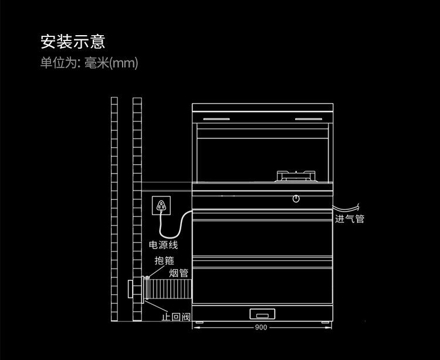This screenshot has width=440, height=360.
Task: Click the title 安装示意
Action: click(72, 42)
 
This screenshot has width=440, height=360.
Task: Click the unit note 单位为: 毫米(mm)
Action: click(89, 63)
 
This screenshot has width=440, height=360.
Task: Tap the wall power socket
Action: click(161, 205)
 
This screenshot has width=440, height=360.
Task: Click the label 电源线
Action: click(163, 245)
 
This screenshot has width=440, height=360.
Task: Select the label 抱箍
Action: click(164, 261)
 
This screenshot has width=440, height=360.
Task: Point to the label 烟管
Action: click(179, 273)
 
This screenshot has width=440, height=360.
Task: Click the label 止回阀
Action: click(176, 317)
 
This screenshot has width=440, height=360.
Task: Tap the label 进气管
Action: click(350, 219)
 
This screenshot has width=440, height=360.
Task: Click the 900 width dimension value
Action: click(261, 327)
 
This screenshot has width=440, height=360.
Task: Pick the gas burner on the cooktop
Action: click(296, 175)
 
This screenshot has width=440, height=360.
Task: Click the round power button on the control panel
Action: click(297, 198)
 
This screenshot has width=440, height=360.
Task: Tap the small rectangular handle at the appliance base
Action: click(262, 313)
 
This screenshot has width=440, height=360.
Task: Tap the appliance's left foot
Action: click(200, 321)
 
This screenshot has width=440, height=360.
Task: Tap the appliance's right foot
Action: click(324, 321)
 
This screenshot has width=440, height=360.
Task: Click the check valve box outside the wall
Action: click(132, 289)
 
